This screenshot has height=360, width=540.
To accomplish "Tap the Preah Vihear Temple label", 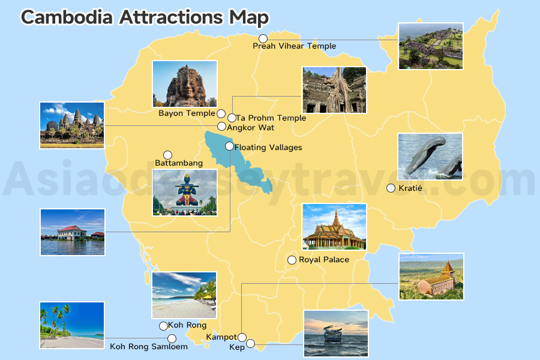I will (x=294, y=46).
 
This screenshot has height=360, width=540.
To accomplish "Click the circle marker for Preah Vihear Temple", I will (x=263, y=38).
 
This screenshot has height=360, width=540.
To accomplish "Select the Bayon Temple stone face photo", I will (x=184, y=84).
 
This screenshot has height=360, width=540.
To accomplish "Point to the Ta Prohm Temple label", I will (x=271, y=118).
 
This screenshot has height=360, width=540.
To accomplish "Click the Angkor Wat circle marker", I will (x=221, y=127).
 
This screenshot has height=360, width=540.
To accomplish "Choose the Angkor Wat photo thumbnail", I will (x=72, y=125).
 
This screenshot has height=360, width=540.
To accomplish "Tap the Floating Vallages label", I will (x=268, y=148).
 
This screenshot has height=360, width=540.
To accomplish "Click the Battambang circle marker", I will (x=167, y=155).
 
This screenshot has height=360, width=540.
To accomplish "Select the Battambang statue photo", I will (x=185, y=192).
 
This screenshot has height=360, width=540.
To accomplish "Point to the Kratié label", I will (x=410, y=188).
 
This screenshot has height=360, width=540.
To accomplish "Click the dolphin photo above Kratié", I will (x=430, y=157).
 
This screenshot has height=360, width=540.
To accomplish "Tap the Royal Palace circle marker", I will (x=292, y=260).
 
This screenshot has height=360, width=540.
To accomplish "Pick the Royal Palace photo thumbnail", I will (x=334, y=226).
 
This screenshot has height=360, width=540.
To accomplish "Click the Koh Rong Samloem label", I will (x=149, y=347).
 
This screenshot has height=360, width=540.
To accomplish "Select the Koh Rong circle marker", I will (x=163, y=326).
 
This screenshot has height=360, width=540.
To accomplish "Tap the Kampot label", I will (x=221, y=337).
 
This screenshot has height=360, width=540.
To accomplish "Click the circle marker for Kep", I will (x=251, y=344).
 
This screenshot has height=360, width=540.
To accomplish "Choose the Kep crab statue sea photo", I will (x=335, y=333).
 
